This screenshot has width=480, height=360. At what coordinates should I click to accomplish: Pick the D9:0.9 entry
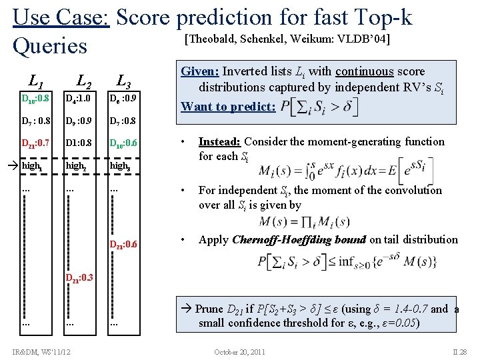[79, 121]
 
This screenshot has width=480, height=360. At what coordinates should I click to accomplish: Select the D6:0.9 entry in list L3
[123, 99]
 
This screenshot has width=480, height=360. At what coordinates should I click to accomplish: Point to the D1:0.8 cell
[78, 143]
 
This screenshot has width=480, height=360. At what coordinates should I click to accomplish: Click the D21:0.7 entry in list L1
[35, 143]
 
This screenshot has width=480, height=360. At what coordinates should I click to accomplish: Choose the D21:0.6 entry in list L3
[125, 244]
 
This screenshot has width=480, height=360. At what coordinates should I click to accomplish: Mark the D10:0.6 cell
[125, 143]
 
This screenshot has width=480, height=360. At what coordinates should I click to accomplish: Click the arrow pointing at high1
[12, 164]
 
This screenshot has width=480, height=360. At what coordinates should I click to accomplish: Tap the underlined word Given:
[200, 71]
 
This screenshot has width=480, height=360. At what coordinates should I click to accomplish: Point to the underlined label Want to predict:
[228, 106]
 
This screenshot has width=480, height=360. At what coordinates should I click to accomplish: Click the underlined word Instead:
[219, 141]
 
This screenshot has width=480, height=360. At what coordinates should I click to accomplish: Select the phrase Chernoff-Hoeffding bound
[299, 239]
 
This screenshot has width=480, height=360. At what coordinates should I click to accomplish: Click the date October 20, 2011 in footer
[239, 351]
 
